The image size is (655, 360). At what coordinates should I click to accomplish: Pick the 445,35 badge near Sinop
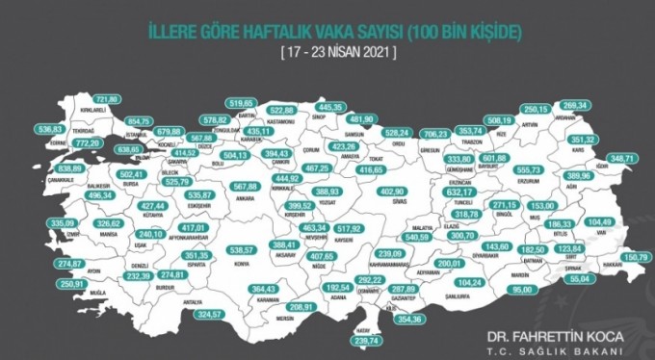pos(356,107)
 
